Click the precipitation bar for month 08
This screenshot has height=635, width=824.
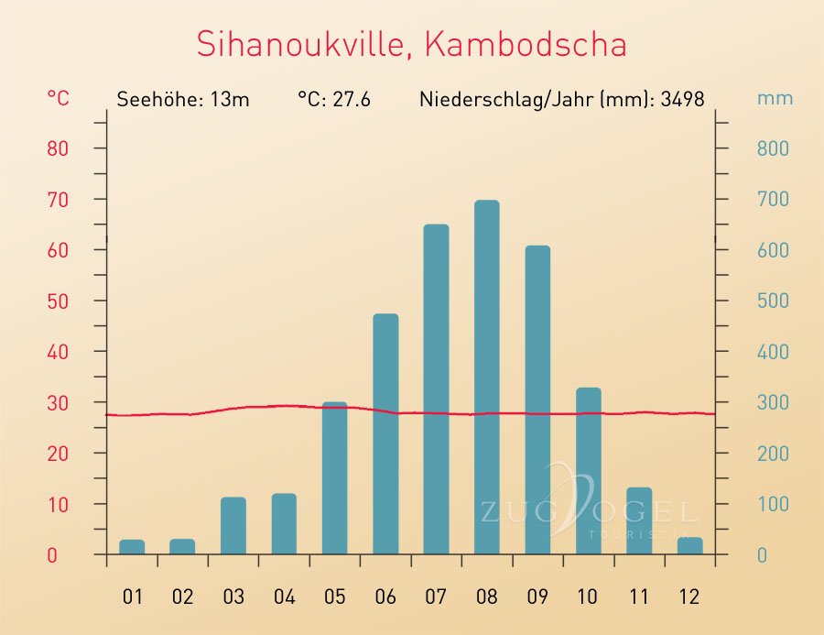[486, 378]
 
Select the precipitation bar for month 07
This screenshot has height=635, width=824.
[436, 389]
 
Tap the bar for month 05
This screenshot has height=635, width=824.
[334, 478]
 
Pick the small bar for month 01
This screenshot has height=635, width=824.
[132, 547]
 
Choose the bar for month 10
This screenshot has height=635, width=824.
[588, 471]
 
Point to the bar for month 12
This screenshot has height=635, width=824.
[689, 545]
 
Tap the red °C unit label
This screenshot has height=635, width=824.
[57, 98]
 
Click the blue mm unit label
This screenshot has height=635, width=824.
[775, 98]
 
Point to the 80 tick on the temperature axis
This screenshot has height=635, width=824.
[58, 148]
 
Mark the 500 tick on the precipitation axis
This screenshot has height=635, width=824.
[773, 301]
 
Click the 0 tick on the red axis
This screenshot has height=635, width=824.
[52, 555]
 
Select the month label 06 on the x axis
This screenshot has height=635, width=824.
[385, 597]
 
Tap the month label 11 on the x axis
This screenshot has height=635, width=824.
[638, 597]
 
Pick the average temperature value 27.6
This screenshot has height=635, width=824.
[351, 99]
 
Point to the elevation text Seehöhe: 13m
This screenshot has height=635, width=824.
[183, 99]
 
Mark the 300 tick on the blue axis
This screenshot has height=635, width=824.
[773, 402]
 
